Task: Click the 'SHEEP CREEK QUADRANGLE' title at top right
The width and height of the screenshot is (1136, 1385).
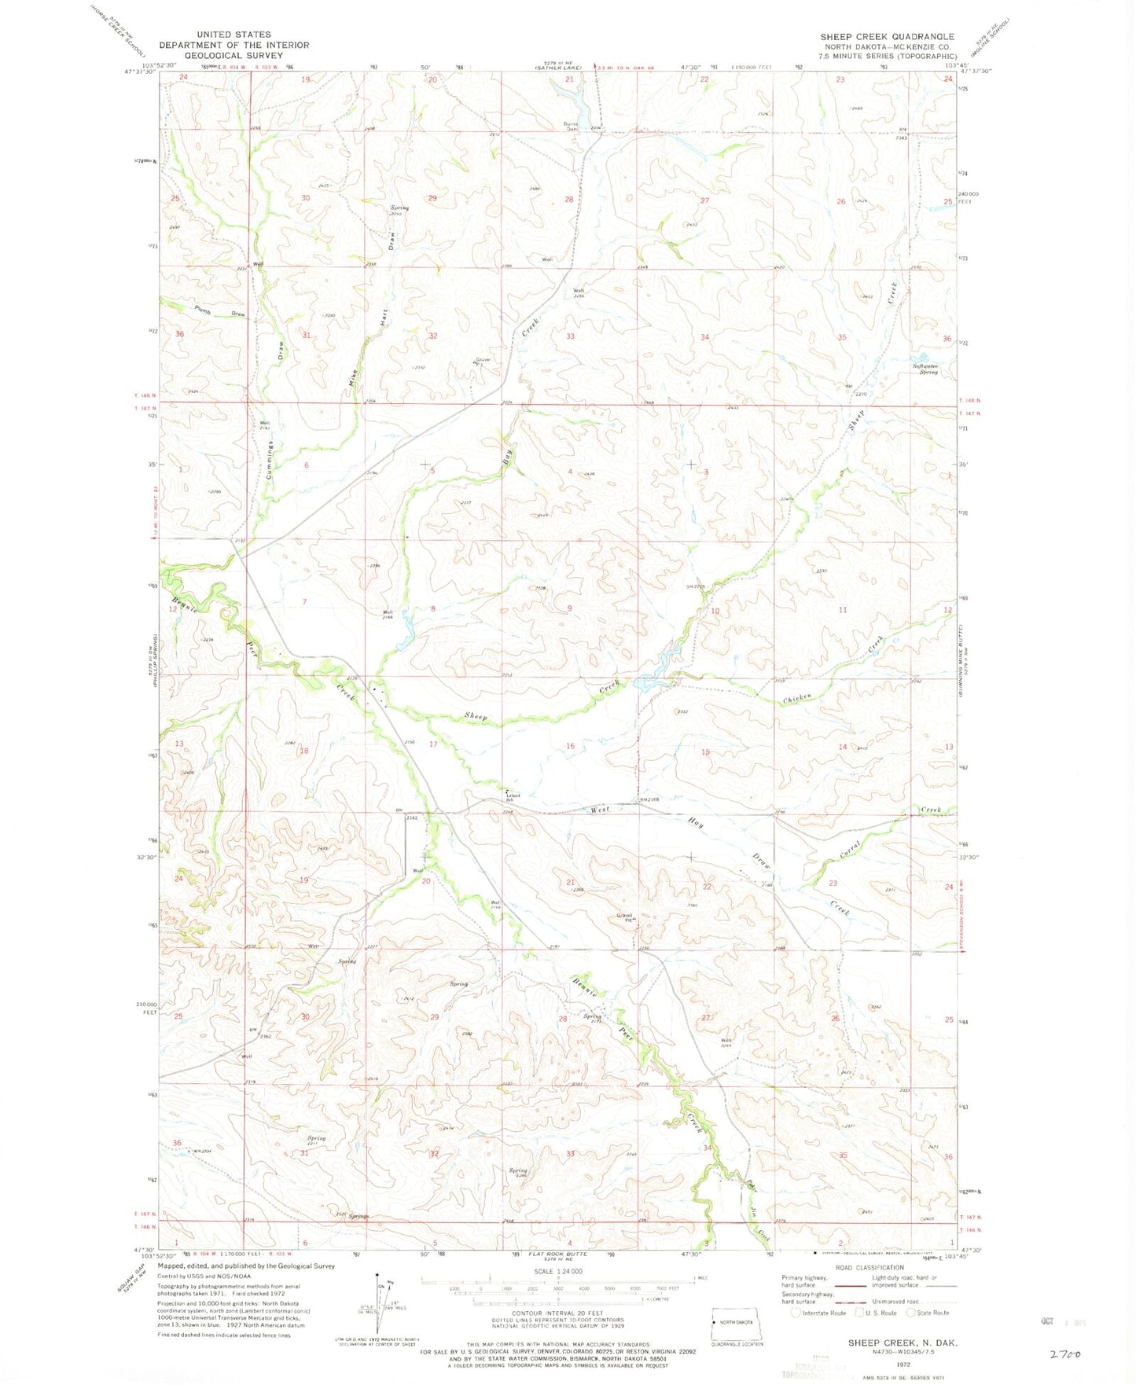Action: [887, 37]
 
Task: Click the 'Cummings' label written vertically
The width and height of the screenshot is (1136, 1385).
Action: [270, 460]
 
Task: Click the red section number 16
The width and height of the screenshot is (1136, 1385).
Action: [570, 746]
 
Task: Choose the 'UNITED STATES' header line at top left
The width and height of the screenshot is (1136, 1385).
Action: [234, 35]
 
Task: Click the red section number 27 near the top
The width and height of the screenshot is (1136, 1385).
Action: [705, 200]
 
